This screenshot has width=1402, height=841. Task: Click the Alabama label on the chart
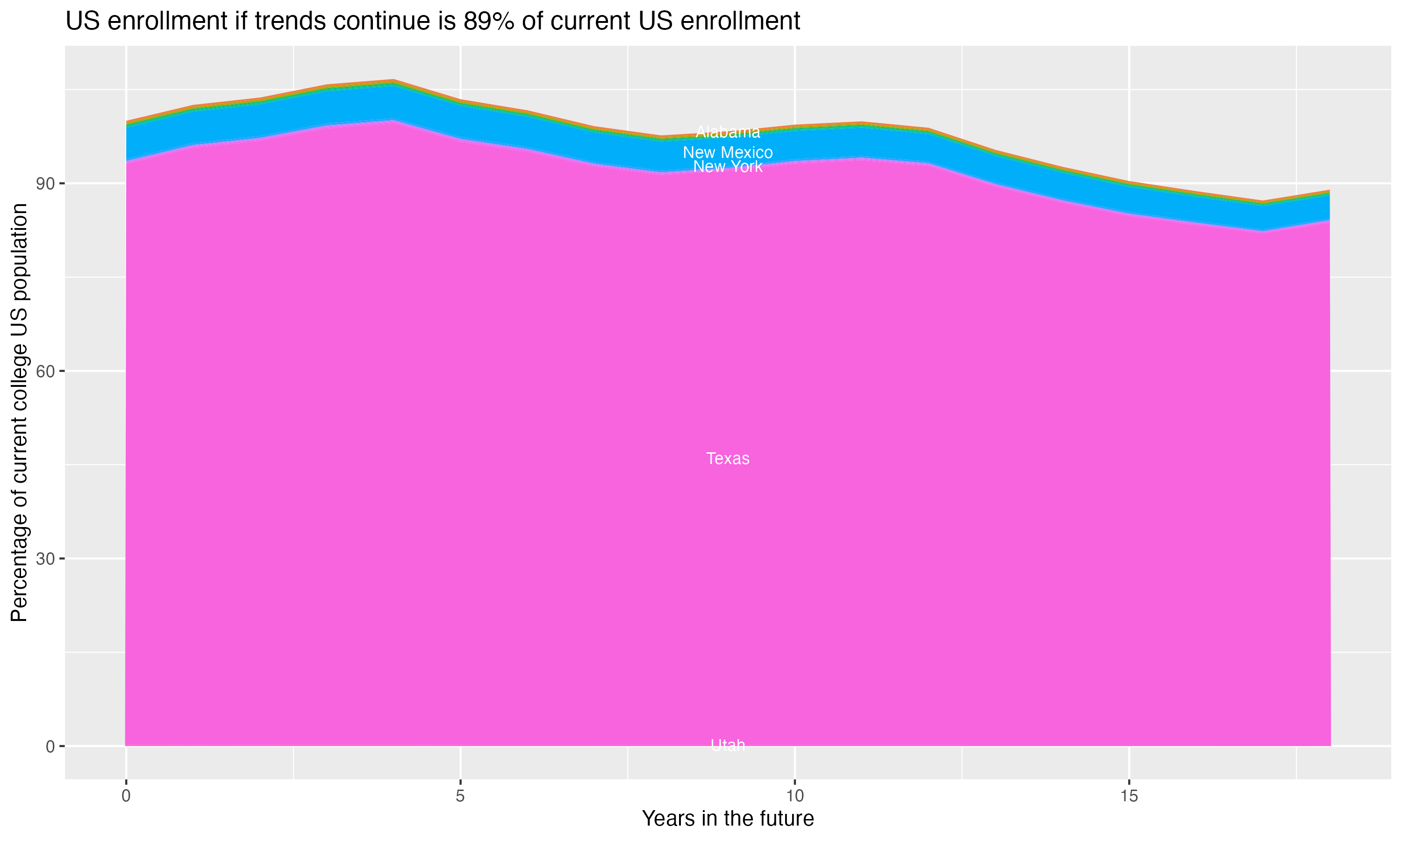click(728, 133)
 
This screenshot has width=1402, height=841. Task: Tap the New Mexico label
click(728, 152)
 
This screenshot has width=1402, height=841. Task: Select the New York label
click(728, 167)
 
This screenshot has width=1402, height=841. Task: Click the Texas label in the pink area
click(728, 458)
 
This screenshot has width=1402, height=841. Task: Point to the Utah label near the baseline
click(728, 745)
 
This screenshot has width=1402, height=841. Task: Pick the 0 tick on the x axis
click(126, 796)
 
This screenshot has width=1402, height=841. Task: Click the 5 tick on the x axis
click(460, 796)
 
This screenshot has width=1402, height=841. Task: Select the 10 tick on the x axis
click(794, 796)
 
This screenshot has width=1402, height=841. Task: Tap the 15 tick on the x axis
click(1129, 796)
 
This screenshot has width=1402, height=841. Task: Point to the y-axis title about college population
click(19, 413)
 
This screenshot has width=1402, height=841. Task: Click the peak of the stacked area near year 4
click(393, 81)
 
